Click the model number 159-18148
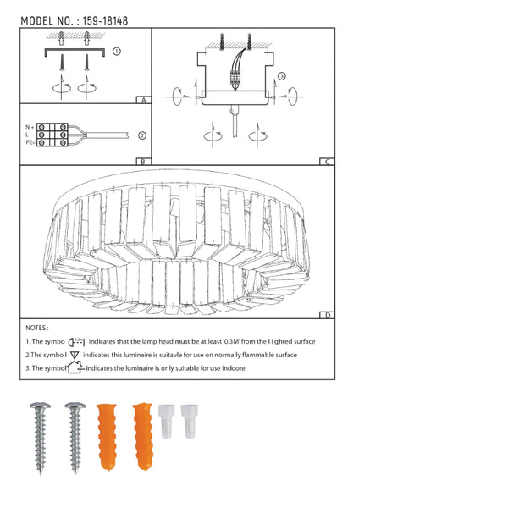(x=105, y=21)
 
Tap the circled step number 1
(x=117, y=51)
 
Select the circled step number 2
(x=142, y=135)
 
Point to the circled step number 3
(x=282, y=76)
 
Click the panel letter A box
(x=144, y=100)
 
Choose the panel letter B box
(x=144, y=162)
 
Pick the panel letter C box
(x=327, y=162)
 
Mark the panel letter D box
(x=327, y=315)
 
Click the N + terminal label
(x=30, y=127)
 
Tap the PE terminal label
(x=30, y=142)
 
